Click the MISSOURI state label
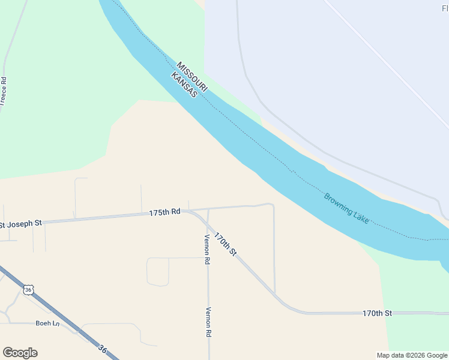[x=193, y=76]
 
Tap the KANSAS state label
[x=184, y=85]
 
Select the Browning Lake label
[x=346, y=208]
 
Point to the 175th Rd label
[x=164, y=212]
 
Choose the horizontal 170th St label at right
[x=377, y=313]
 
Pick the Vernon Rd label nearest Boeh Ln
[x=208, y=322]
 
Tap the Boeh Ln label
[x=47, y=323]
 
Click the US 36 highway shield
[x=28, y=290]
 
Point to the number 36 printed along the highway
[x=102, y=349]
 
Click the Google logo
[x=20, y=353]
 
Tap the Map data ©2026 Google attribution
[x=411, y=355]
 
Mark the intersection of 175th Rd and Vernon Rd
[x=208, y=210]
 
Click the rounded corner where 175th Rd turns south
[x=272, y=206]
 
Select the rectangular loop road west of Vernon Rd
[x=158, y=271]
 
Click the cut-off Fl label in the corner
[x=444, y=8]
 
